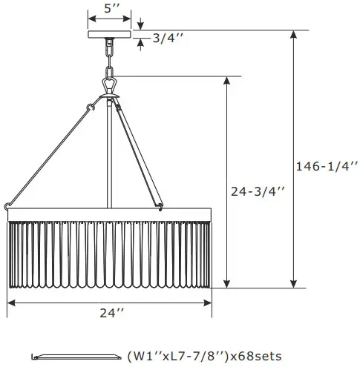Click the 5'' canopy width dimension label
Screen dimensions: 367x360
click(111, 9)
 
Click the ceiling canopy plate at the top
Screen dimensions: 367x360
click(111, 33)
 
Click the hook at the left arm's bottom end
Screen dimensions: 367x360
click(7, 205)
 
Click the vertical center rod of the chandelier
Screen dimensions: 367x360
click(111, 156)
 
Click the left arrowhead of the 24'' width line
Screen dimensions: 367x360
click(10, 302)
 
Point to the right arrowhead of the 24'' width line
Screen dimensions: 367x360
click(210, 302)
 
